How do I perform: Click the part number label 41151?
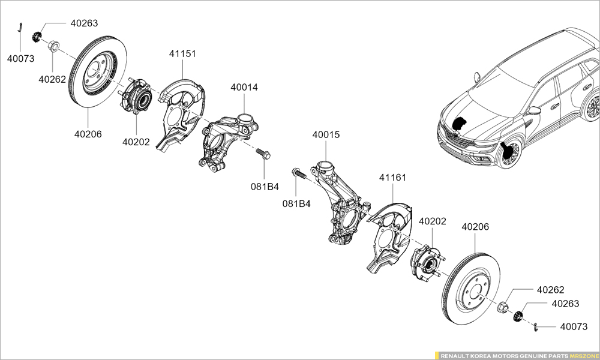(182, 54)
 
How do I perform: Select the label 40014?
(244, 88)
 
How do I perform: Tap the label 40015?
(326, 135)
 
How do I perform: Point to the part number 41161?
(393, 178)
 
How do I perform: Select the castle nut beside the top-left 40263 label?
(37, 37)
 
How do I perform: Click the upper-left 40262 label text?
(52, 79)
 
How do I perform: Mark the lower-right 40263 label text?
(565, 304)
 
